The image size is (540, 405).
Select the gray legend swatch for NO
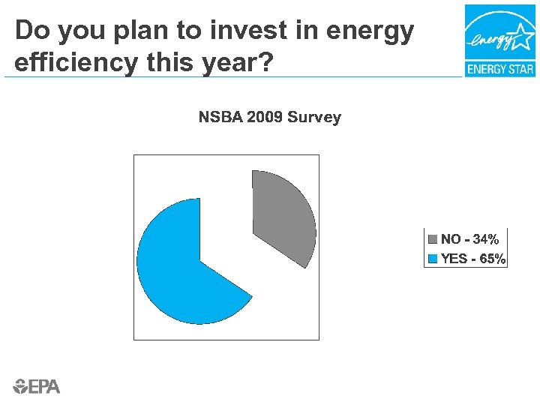433,239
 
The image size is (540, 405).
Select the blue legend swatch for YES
433,259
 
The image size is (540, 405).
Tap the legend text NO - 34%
469,239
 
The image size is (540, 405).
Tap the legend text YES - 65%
472,259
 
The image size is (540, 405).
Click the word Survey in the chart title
314,117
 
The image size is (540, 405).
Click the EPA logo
37,386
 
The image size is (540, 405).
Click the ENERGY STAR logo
499,40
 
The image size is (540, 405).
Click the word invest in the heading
238,31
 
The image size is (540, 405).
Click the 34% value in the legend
485,239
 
